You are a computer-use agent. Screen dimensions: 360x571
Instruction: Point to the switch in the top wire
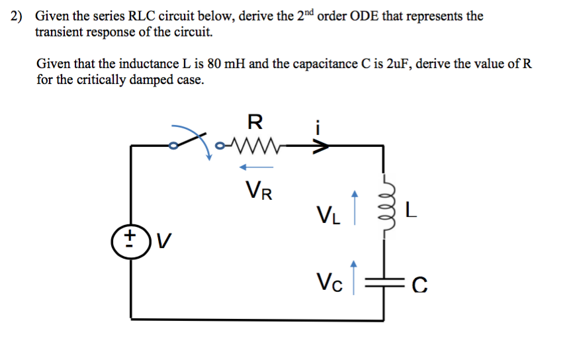[x=192, y=140]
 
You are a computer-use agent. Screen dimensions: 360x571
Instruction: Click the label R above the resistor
[x=255, y=122]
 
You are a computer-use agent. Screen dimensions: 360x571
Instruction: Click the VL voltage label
[x=329, y=215]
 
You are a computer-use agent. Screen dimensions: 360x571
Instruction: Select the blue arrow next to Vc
[x=355, y=277]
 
